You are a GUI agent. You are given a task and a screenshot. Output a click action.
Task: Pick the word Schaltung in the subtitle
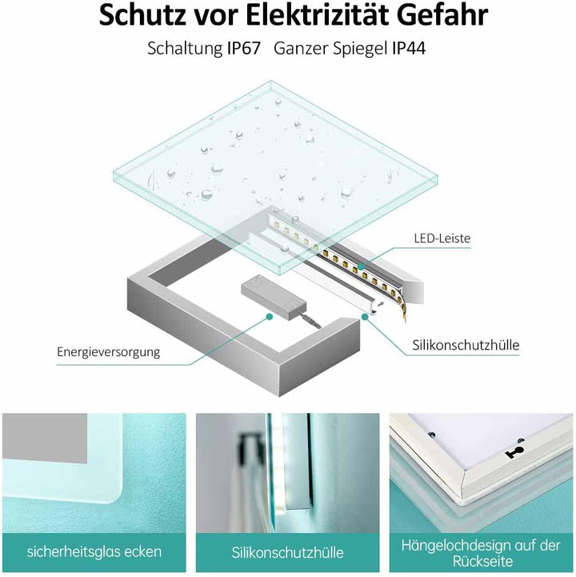[x=182, y=48]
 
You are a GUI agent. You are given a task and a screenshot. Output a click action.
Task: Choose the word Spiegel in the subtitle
[x=357, y=48]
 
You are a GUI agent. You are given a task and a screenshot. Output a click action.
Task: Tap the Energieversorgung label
[x=109, y=351]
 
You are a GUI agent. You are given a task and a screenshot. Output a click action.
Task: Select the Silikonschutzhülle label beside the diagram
[x=466, y=345]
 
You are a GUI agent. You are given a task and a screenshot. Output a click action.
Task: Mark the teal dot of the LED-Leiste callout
[x=360, y=263]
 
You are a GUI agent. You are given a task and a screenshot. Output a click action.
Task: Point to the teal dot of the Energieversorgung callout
[x=270, y=317]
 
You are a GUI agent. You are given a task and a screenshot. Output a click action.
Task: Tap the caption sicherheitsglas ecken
[x=94, y=551]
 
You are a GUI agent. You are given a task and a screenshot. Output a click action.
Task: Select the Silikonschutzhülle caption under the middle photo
[x=288, y=552]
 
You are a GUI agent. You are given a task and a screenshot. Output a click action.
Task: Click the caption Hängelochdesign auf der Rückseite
[x=482, y=552]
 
